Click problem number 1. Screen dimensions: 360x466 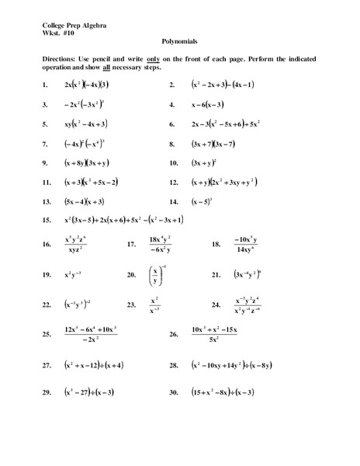(47, 84)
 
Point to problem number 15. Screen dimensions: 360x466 (47, 220)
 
